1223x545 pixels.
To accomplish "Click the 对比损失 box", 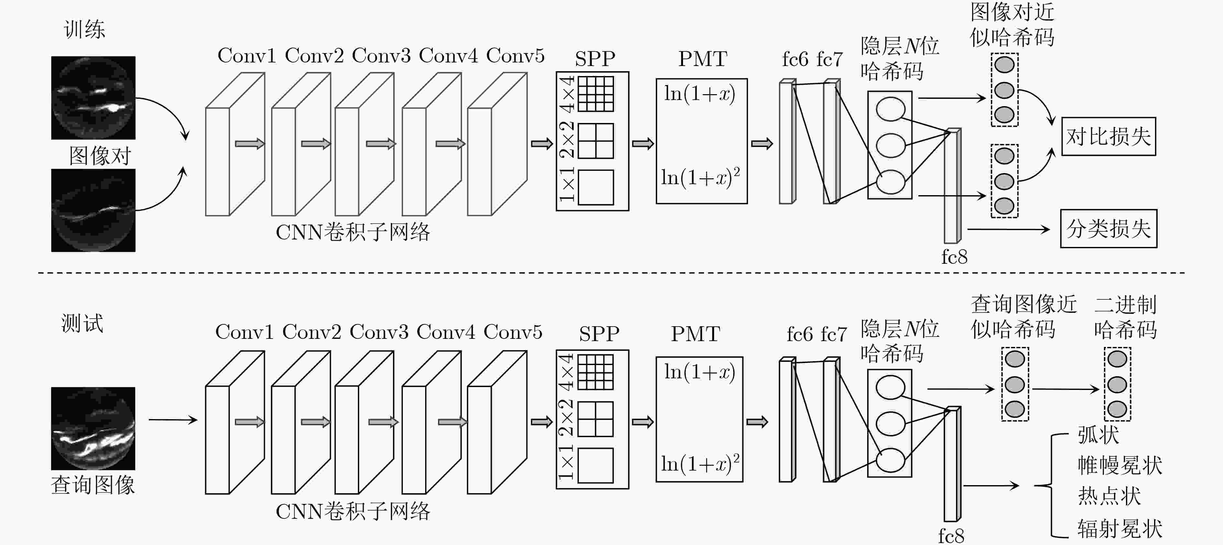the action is tap(1108, 136).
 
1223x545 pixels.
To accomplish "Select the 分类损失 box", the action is tap(1108, 228).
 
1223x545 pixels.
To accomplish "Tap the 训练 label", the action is tap(84, 29).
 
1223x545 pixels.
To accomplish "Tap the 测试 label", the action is tap(82, 323).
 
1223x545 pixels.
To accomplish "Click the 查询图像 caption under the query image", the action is tap(93, 485).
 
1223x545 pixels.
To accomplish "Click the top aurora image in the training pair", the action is tap(94, 98).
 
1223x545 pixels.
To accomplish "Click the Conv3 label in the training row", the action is tap(381, 56).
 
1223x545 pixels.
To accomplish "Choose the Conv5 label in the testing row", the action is tap(513, 332).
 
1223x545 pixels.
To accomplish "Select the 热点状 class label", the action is tap(1109, 496).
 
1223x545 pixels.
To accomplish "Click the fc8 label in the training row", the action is tap(954, 257).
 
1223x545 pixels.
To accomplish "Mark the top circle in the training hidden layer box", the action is tap(890, 109).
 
